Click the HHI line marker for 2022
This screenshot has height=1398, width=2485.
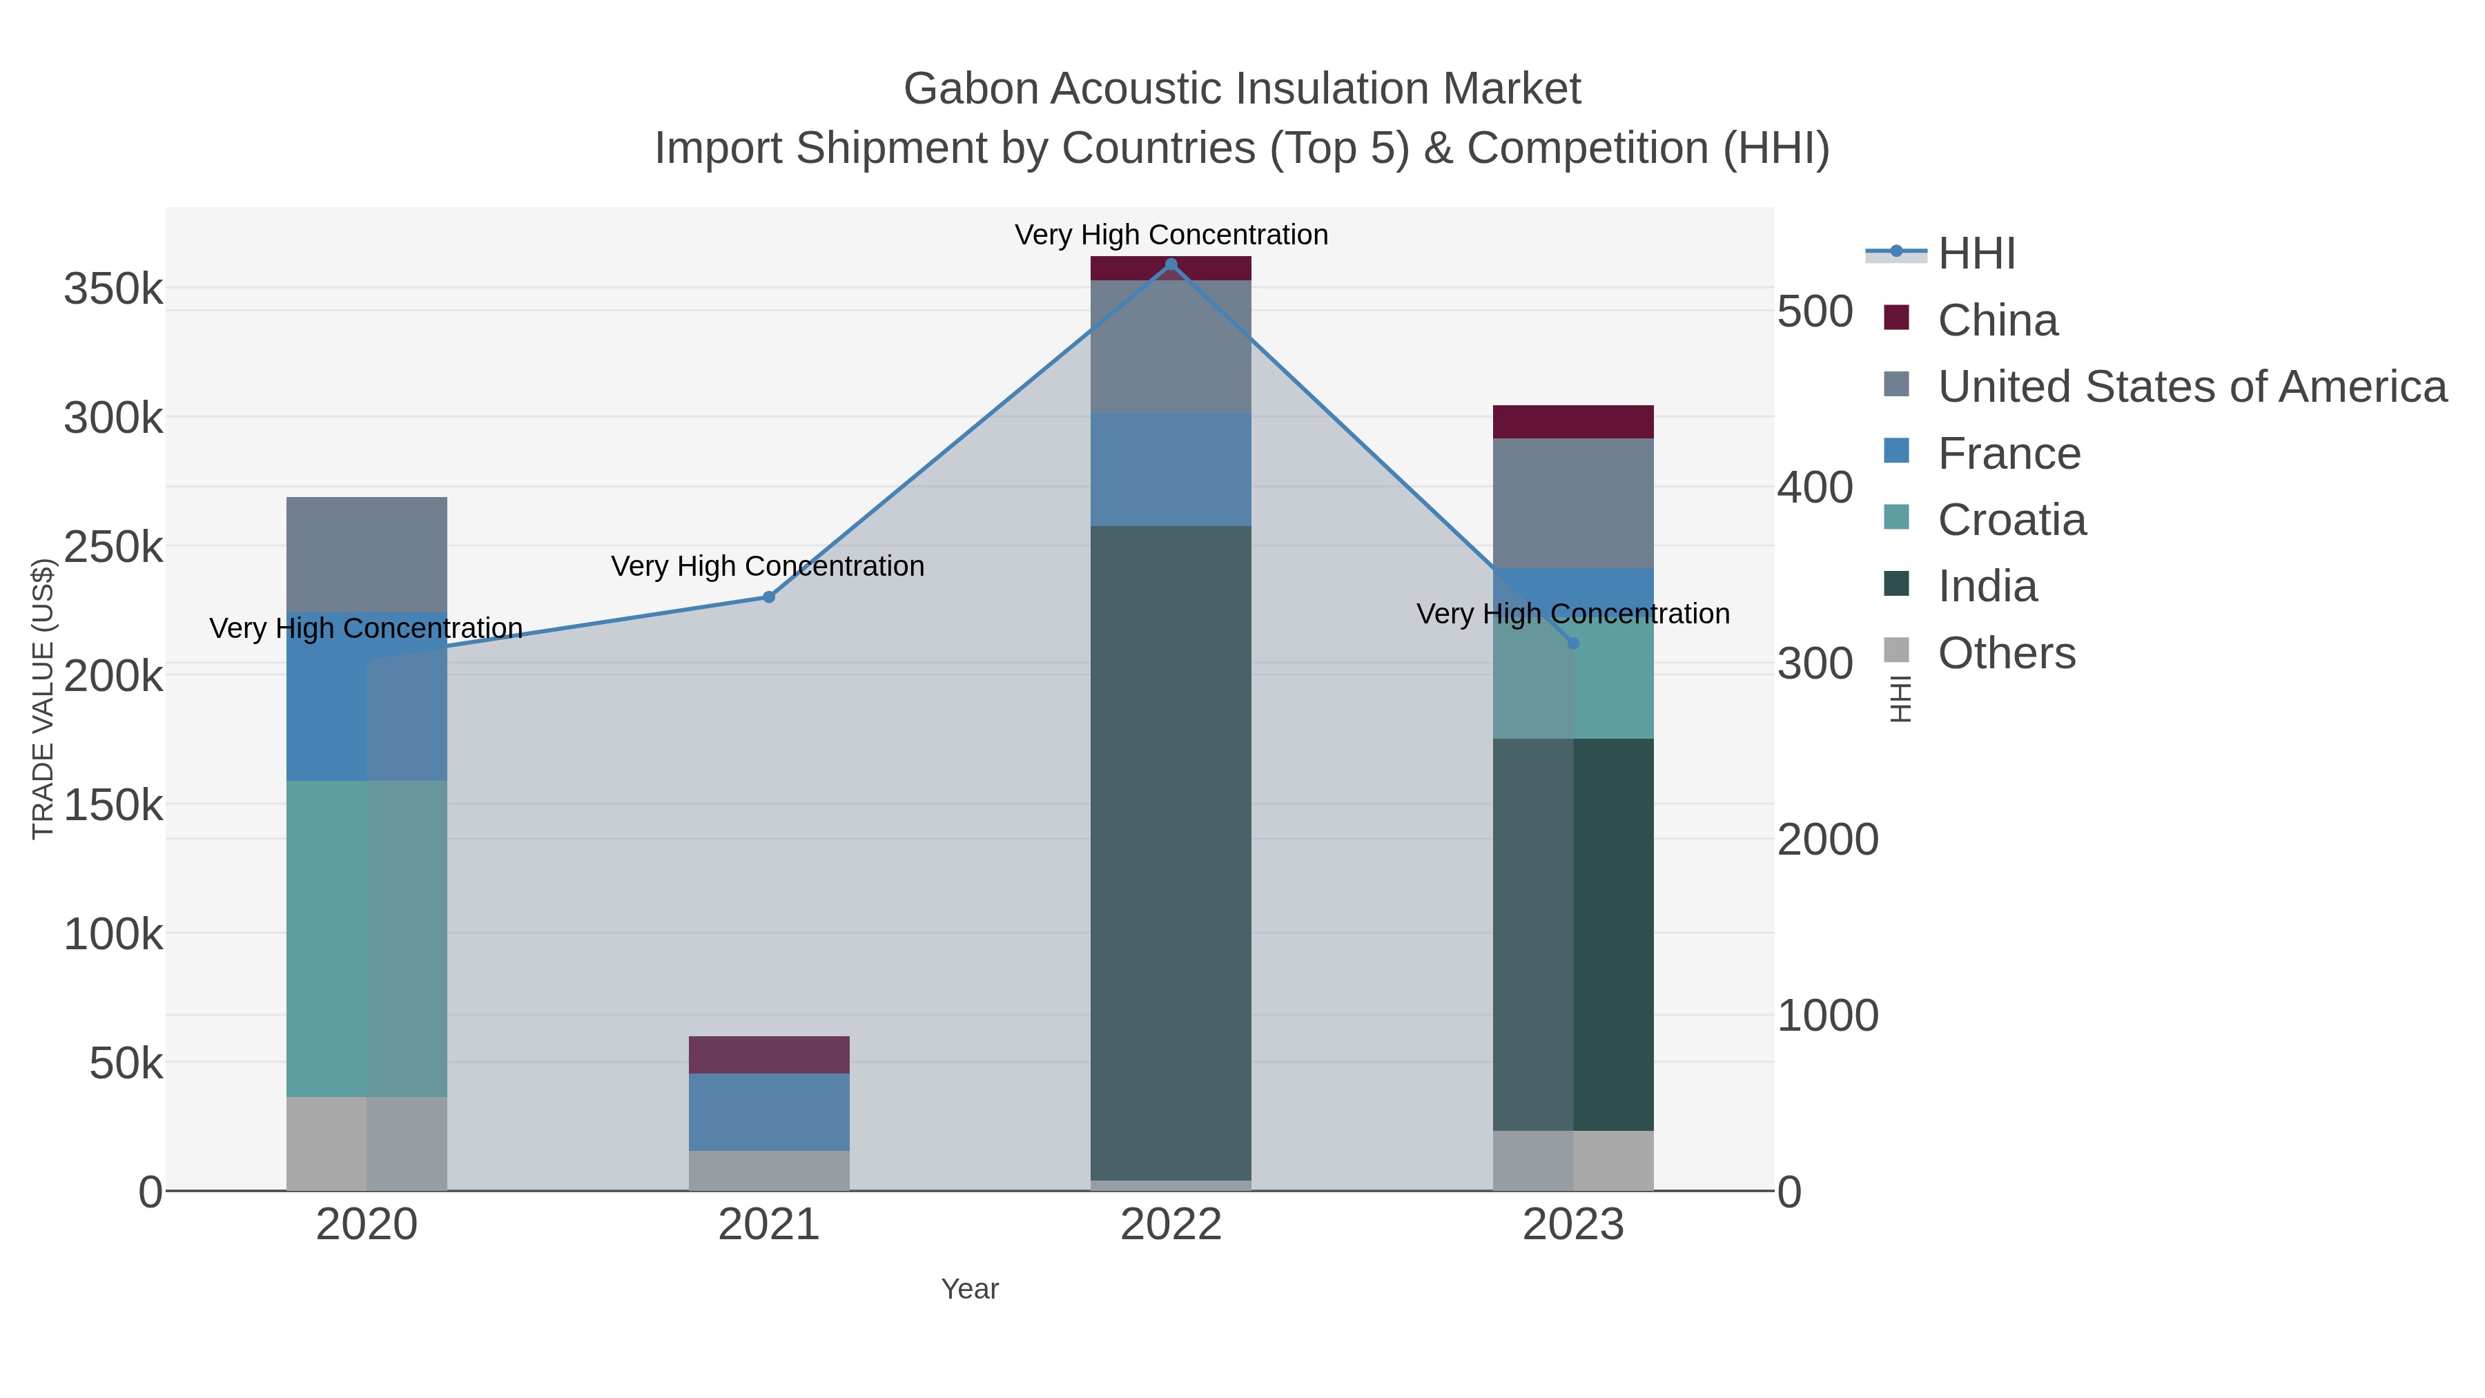pos(1171,264)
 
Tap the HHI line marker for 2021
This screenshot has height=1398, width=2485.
pos(769,597)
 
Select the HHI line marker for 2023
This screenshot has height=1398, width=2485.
pos(1573,643)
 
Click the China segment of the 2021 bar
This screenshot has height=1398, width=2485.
pos(769,1054)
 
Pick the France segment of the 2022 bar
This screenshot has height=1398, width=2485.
pos(1171,470)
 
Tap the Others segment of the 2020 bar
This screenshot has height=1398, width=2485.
pos(367,1143)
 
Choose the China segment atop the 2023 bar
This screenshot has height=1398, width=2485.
pos(1573,422)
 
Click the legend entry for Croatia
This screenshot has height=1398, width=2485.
pos(2011,520)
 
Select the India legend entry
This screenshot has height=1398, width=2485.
pos(1987,587)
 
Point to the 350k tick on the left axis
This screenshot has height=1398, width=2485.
pos(114,289)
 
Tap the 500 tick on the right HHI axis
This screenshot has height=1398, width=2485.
pos(1815,313)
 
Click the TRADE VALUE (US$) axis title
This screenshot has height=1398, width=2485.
pos(43,699)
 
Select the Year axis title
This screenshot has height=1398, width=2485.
pos(970,1289)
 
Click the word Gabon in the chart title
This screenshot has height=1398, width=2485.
pos(970,89)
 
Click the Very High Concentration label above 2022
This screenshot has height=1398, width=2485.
pos(1171,235)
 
